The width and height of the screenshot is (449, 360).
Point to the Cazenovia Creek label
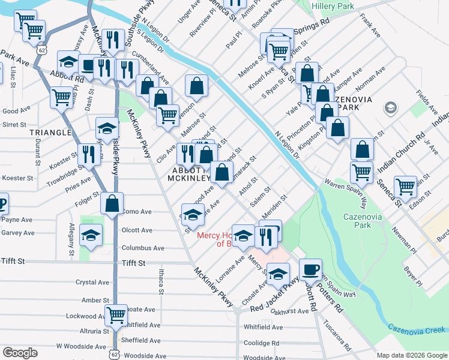417,329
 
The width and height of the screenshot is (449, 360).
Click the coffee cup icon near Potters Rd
310,270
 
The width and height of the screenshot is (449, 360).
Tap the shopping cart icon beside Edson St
405,186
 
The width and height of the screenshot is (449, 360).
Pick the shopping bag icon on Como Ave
112,204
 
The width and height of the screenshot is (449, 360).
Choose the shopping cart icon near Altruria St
116,314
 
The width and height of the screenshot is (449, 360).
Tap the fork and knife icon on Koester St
88,154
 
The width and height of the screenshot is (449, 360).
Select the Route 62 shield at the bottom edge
115,353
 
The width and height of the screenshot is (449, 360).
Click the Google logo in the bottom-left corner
20,353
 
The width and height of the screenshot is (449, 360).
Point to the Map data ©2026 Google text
412,355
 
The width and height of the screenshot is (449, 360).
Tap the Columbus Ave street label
143,248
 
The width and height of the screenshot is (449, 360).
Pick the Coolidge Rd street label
262,343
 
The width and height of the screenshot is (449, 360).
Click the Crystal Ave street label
92,282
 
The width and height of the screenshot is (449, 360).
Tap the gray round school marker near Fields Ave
391,108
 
